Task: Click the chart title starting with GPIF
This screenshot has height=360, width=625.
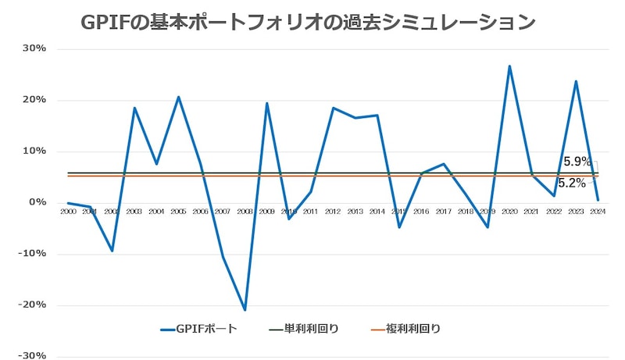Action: (308, 22)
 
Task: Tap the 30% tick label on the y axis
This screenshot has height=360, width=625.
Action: (34, 48)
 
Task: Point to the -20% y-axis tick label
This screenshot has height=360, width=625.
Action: (32, 305)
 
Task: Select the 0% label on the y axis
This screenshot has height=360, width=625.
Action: (37, 202)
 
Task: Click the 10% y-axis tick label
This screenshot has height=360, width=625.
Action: (34, 151)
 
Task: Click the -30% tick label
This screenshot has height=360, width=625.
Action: (32, 355)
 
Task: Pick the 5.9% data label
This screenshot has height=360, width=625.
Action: (577, 162)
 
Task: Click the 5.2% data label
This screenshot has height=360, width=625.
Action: (572, 184)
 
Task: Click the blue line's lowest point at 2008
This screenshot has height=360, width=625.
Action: (245, 310)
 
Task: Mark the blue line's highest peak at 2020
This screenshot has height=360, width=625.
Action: (509, 66)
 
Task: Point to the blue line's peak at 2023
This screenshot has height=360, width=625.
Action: (576, 81)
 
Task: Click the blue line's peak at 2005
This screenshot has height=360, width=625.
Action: (178, 97)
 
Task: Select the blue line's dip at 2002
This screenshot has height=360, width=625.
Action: (112, 251)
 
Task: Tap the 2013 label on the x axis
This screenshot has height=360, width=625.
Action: (355, 212)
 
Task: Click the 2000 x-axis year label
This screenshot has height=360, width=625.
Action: (68, 212)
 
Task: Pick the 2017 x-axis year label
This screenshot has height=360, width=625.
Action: (443, 212)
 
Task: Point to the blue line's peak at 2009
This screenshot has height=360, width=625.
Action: (266, 103)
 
